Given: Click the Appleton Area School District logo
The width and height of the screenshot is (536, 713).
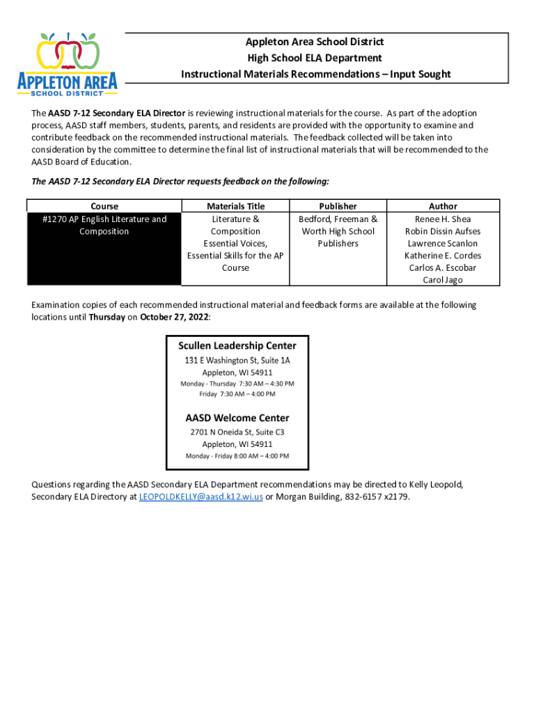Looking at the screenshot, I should click(x=68, y=64).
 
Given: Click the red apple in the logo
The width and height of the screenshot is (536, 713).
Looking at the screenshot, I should click(x=68, y=52).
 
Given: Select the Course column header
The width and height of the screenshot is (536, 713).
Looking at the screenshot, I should click(x=104, y=206).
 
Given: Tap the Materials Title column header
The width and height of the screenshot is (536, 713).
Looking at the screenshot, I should click(x=235, y=206).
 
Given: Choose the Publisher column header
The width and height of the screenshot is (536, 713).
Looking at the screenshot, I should click(x=338, y=206).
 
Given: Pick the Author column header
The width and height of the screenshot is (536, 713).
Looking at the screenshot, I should click(x=443, y=206).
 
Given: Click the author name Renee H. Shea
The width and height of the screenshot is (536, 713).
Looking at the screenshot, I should click(x=443, y=219).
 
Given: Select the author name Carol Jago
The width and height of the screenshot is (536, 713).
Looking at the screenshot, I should click(x=443, y=280).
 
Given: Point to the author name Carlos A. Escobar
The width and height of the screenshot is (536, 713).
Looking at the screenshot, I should click(x=443, y=267).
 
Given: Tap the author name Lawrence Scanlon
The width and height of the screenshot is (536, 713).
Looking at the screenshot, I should click(x=443, y=244).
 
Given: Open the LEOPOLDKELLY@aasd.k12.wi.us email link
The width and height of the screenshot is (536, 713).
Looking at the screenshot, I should click(x=201, y=497).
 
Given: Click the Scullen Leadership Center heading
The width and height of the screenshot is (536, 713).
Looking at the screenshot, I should click(x=237, y=345).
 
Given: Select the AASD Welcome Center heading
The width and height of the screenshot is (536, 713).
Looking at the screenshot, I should click(x=237, y=418).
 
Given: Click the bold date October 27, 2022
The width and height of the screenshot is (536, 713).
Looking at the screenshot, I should click(x=174, y=317).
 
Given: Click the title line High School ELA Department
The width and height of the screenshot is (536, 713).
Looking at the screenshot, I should click(x=315, y=58).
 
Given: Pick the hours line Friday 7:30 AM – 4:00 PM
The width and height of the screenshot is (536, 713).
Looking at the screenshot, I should click(x=237, y=394).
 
